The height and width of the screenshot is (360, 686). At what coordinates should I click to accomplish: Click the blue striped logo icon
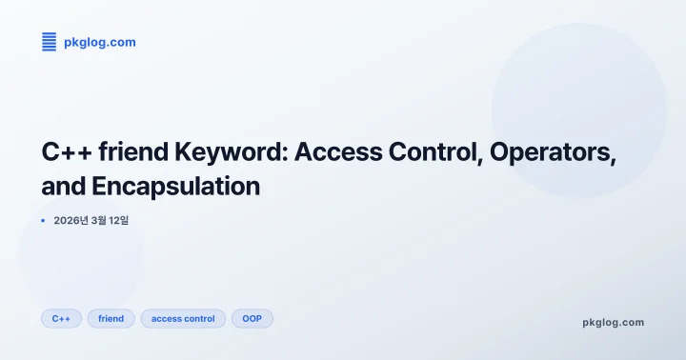tap(50, 42)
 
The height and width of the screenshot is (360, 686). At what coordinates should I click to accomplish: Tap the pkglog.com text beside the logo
tap(100, 42)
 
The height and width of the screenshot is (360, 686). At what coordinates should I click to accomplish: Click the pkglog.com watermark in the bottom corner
tap(613, 322)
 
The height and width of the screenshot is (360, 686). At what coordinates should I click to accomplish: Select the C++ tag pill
tap(61, 318)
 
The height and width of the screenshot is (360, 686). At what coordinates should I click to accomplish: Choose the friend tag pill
tap(111, 318)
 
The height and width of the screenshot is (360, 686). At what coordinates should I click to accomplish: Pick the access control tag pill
tap(183, 318)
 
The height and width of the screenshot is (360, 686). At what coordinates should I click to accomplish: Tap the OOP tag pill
tap(252, 318)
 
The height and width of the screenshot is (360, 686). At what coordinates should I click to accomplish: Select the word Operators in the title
tap(557, 152)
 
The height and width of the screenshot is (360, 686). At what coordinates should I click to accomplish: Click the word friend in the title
tap(140, 152)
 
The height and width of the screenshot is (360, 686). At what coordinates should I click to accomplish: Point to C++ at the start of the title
tap(68, 152)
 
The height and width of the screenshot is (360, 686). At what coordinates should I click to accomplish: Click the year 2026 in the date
tap(68, 221)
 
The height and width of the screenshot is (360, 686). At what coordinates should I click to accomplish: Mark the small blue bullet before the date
tap(44, 221)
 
